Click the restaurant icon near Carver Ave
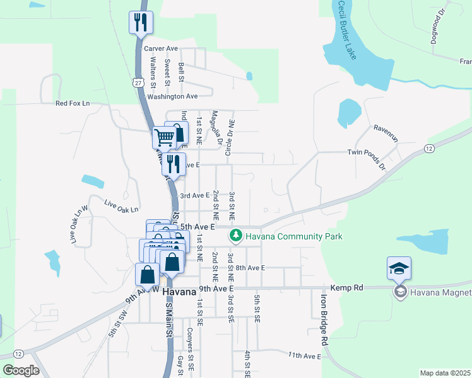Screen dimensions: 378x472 [x=140, y=22]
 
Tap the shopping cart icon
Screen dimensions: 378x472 [x=165, y=136]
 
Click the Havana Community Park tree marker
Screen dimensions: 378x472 [x=235, y=236]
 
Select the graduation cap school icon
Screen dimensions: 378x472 [x=399, y=268]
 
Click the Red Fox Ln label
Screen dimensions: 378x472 [x=73, y=103]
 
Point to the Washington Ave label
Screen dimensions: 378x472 [x=172, y=96]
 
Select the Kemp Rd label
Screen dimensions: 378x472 [x=350, y=287]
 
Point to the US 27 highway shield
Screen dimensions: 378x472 [x=138, y=82]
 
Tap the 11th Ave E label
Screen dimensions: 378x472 [x=305, y=356]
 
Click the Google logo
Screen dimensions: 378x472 [x=21, y=370]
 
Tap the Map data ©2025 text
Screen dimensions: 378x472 [x=444, y=373]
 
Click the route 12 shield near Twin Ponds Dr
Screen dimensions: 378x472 [x=429, y=148]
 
